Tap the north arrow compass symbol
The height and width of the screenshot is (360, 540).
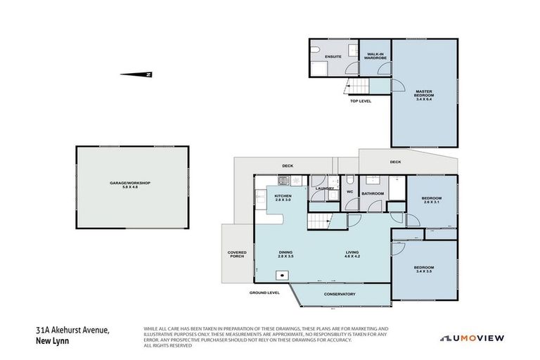click(x=136, y=74)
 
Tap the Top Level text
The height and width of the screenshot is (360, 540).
click(x=360, y=101)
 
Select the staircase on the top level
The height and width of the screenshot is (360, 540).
click(x=356, y=86)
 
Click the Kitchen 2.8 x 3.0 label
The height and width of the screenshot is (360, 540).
click(x=283, y=198)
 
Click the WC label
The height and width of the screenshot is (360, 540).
click(x=349, y=191)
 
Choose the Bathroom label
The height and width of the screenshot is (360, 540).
click(x=373, y=193)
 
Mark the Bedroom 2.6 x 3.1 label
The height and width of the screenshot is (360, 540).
click(x=431, y=200)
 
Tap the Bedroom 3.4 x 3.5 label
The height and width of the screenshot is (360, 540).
click(x=423, y=269)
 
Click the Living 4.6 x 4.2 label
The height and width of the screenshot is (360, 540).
click(x=352, y=255)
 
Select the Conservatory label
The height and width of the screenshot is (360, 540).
click(x=340, y=294)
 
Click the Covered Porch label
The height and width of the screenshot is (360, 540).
click(x=236, y=254)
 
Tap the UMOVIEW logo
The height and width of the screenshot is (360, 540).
click(x=472, y=338)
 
